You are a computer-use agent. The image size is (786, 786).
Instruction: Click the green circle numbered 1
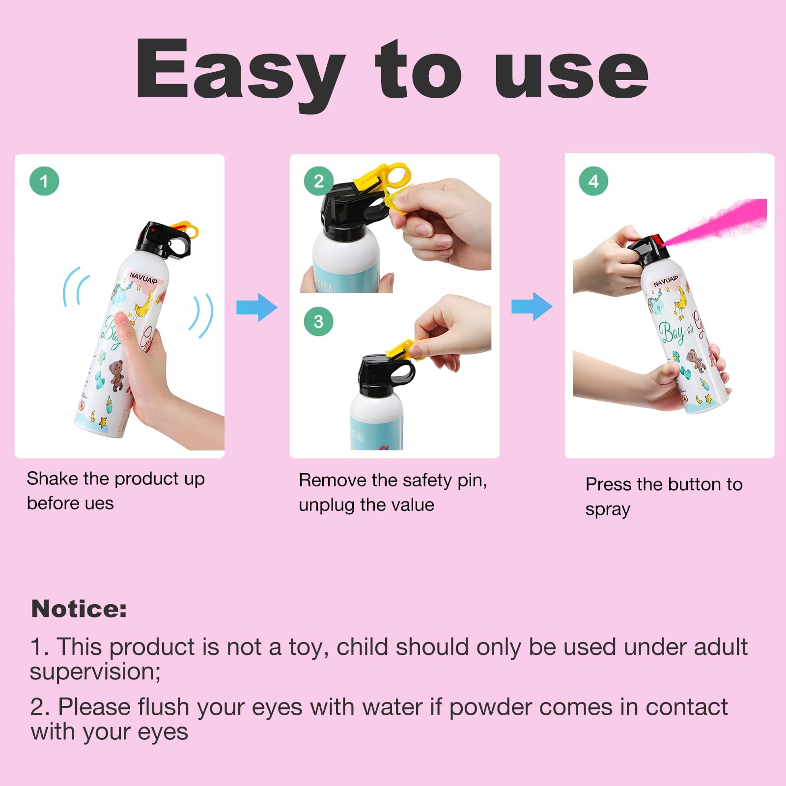point(44,181)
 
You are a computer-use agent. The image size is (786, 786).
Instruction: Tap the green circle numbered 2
point(319,181)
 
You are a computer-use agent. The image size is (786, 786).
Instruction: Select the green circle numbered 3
point(319,321)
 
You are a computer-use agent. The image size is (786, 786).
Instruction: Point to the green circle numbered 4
point(593,181)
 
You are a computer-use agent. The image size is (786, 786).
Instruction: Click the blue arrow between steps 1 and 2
point(257,308)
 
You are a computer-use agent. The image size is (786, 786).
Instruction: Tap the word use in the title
point(571,74)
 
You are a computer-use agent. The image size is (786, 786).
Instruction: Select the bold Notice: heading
point(79,609)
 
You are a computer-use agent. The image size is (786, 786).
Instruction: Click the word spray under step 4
point(608,510)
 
